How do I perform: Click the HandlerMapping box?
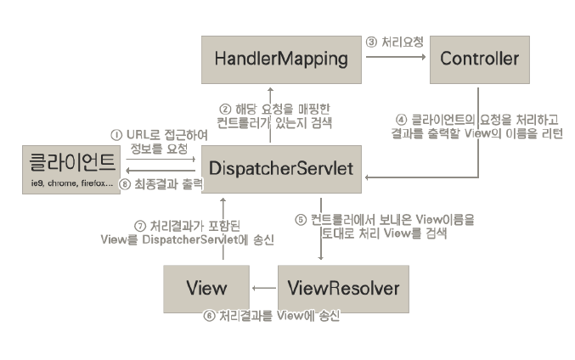coord(269,59)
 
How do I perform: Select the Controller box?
coord(480,59)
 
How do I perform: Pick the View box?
coord(206,287)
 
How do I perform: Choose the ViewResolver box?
coord(343,287)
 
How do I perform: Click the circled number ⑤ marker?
coord(300,219)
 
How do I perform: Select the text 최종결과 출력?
coord(169,183)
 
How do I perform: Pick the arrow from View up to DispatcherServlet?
coord(222,229)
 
